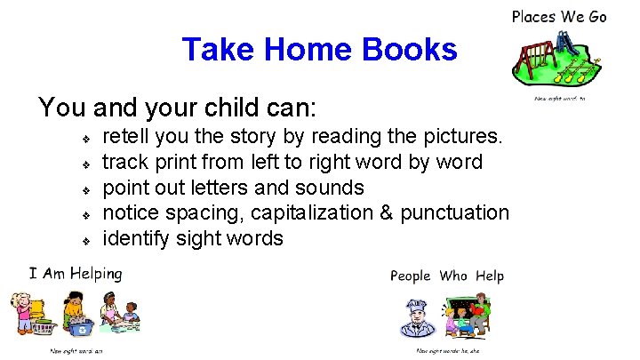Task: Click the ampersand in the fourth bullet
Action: (404, 213)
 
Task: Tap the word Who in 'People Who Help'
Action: (452, 276)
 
